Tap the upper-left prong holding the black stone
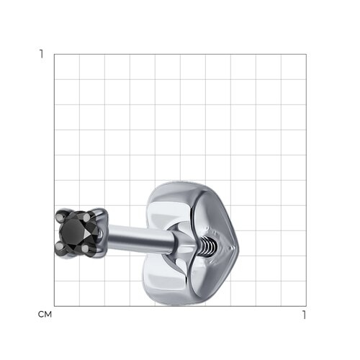point(59,217)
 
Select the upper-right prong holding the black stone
point(86,217)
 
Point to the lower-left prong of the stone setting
point(58,246)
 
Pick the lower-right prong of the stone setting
point(85,248)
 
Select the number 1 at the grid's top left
point(42,54)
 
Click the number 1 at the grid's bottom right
point(304,315)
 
